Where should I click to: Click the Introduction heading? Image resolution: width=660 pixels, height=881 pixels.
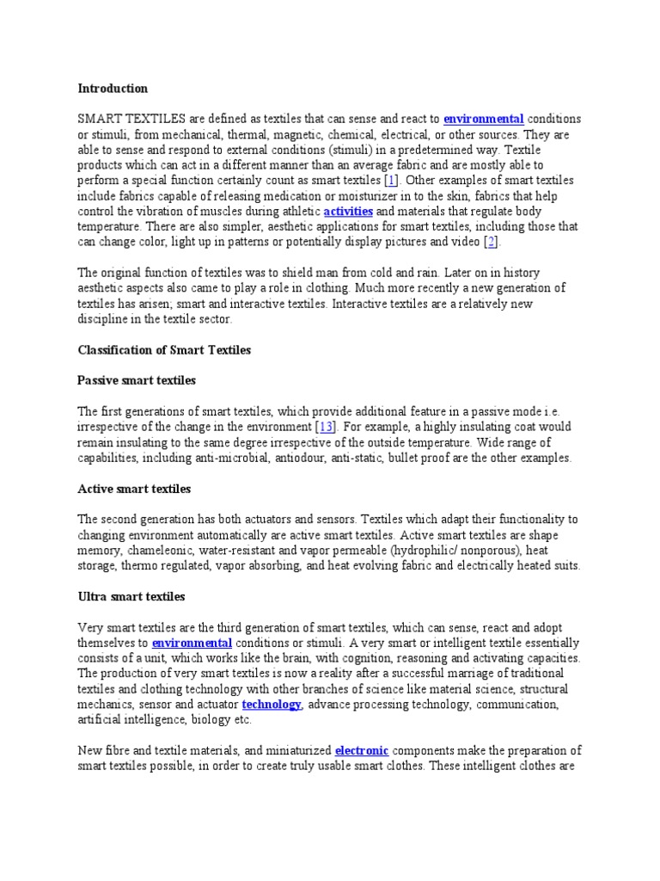[113, 89]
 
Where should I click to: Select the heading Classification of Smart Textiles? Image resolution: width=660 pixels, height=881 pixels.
[164, 349]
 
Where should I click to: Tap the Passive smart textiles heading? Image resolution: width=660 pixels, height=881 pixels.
[137, 380]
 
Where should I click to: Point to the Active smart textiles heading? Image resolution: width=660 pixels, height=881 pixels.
[134, 489]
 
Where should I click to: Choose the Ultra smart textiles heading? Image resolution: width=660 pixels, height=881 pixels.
[131, 596]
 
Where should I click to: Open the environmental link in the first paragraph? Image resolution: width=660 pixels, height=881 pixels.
[484, 119]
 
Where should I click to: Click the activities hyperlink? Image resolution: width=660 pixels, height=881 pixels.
[348, 211]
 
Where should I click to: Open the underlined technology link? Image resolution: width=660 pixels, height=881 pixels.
[272, 705]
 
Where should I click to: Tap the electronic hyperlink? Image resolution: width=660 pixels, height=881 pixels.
[362, 749]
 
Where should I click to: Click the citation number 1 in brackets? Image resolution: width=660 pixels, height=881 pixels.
[391, 181]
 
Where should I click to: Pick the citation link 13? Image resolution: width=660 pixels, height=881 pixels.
[326, 427]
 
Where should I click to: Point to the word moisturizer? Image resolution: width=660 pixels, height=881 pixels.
[321, 196]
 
